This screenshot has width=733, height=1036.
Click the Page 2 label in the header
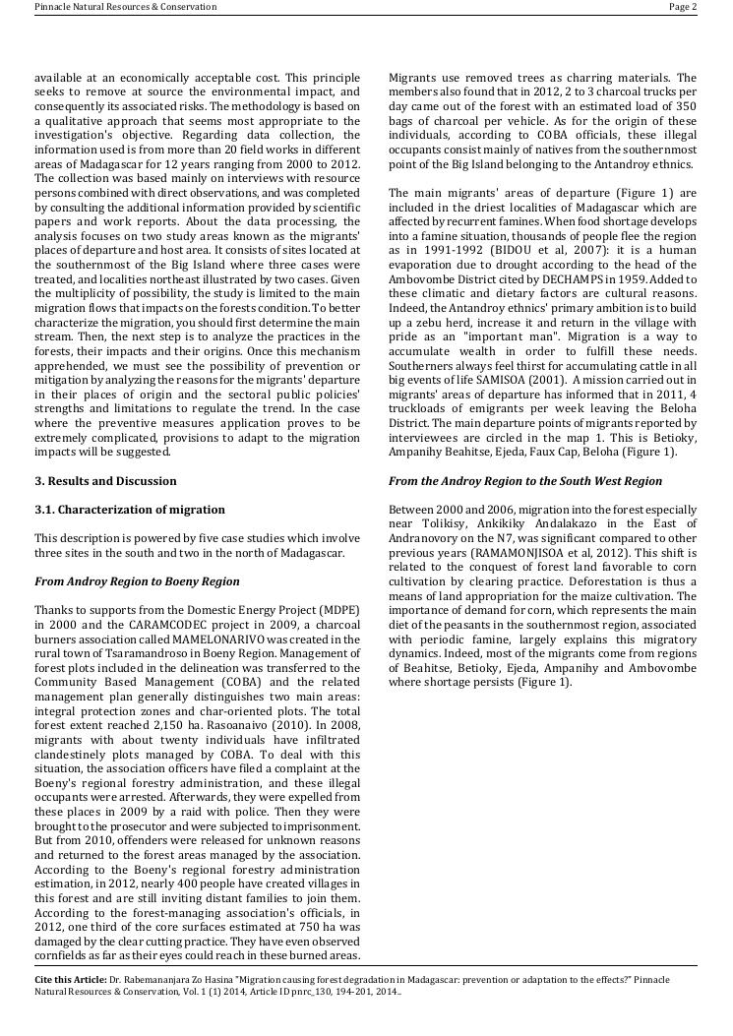coord(683,7)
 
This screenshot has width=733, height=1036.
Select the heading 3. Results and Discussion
coord(105,481)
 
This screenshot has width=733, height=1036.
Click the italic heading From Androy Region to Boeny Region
coord(137,581)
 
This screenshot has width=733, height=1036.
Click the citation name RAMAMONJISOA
coord(535,553)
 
